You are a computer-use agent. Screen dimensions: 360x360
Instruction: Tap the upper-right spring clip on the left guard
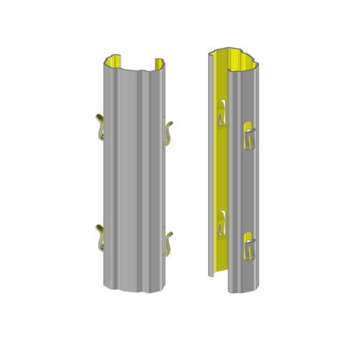point(168,130)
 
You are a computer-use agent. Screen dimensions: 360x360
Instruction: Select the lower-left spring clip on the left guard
point(100,237)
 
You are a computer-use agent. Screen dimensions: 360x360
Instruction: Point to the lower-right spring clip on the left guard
point(168,240)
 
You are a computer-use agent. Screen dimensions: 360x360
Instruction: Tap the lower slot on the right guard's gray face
point(248,246)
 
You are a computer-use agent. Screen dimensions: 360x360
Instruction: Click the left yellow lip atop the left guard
point(114,63)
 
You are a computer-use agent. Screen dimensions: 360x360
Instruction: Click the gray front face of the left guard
point(133,180)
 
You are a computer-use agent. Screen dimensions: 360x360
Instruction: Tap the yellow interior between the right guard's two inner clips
point(222,169)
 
